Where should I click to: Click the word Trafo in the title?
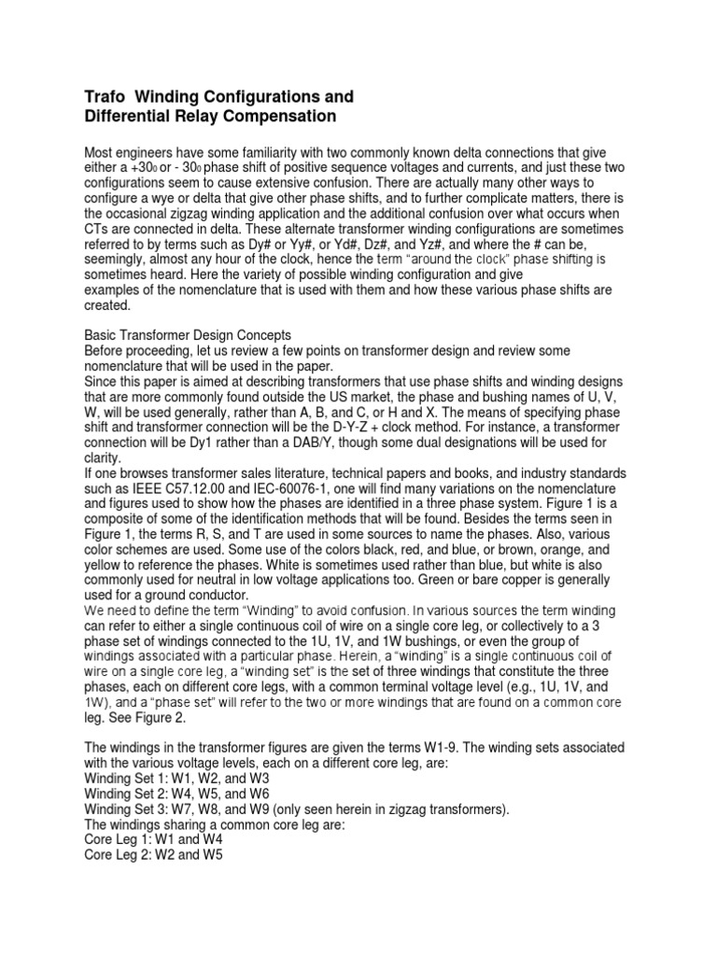click(x=105, y=97)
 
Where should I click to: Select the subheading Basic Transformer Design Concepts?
click(x=189, y=334)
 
